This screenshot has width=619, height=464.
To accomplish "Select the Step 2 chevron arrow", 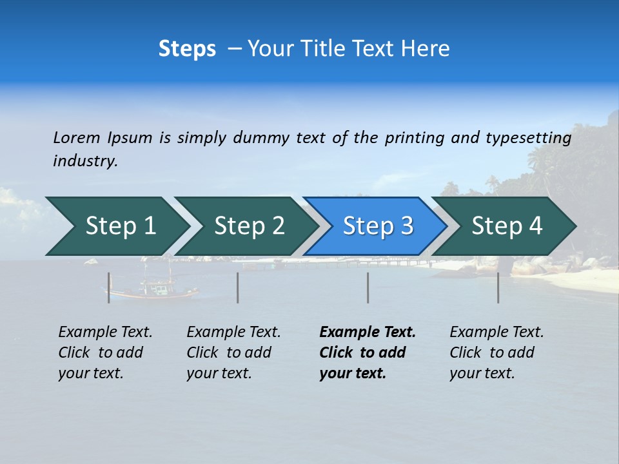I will click(x=249, y=226).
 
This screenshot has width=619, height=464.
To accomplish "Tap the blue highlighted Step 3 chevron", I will click(x=378, y=226).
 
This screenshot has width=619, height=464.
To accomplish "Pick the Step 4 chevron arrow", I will click(x=507, y=226).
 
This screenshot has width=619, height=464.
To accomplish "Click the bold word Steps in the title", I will click(x=187, y=49).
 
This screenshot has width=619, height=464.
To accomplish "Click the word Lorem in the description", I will click(x=76, y=137).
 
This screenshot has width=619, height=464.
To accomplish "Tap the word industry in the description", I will click(x=84, y=161).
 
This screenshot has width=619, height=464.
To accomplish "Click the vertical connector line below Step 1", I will click(x=109, y=287).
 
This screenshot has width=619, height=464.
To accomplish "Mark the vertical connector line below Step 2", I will click(x=238, y=287).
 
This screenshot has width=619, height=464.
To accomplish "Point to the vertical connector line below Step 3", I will click(x=368, y=287).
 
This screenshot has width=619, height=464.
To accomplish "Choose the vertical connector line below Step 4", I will click(x=498, y=287).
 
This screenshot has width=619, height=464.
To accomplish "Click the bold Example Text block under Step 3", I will click(x=368, y=353).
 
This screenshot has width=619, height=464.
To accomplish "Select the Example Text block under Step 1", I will click(x=105, y=353).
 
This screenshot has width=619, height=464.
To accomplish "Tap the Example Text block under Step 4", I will click(x=496, y=353).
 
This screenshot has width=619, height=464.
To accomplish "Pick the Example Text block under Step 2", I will click(x=233, y=353).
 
